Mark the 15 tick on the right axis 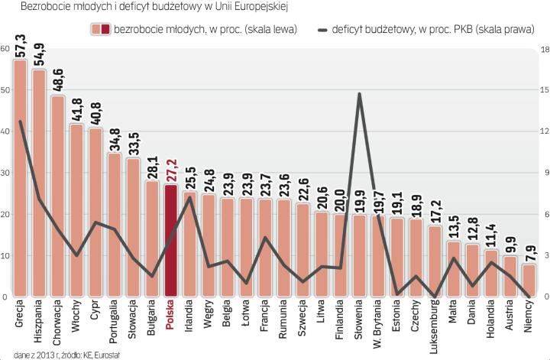[543, 90]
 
